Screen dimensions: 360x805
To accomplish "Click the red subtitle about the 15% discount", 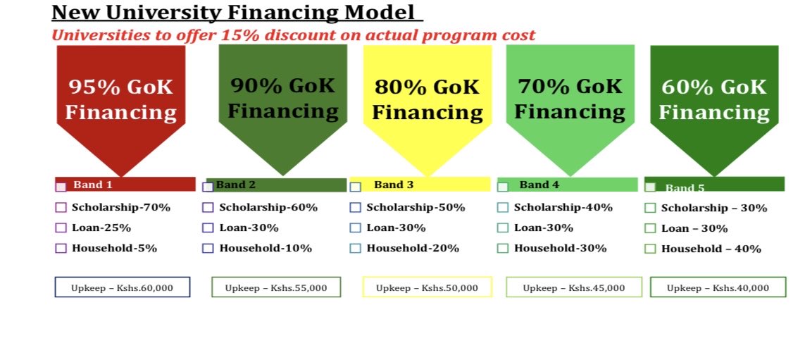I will click(x=294, y=35).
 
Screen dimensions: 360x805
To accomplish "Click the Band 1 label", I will click(x=93, y=185).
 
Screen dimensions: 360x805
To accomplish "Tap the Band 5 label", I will click(x=685, y=188).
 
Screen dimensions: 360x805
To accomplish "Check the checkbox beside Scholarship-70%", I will click(x=61, y=208).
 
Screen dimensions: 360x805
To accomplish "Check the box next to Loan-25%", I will click(x=61, y=228).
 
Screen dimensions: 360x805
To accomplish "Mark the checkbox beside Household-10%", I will click(x=208, y=248).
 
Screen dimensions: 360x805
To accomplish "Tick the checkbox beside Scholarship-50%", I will click(x=355, y=208).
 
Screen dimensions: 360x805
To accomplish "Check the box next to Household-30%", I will click(x=502, y=248).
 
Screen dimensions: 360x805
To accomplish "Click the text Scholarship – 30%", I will click(x=714, y=208).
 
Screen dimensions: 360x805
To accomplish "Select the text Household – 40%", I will click(x=711, y=249).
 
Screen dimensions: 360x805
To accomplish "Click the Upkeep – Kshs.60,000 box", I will click(x=122, y=287).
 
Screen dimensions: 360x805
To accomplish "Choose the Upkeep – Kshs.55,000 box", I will click(x=276, y=287).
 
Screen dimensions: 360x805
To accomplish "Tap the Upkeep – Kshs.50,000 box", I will click(x=427, y=287).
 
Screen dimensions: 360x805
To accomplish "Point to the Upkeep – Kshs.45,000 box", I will click(x=573, y=287).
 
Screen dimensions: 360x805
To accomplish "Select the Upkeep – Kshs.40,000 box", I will click(x=718, y=287).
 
